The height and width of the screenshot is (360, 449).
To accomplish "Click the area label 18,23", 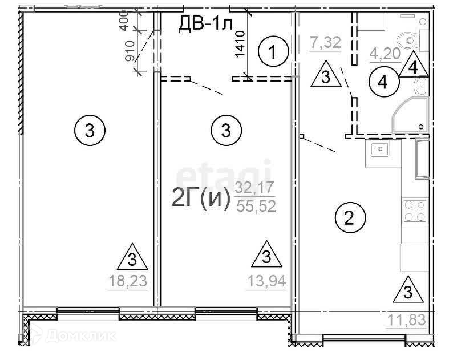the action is [x=128, y=281].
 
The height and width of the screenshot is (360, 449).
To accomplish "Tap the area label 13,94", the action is [x=266, y=281].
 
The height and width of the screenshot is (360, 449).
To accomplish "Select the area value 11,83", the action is [x=407, y=320].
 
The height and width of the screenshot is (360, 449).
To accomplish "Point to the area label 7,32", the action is [x=326, y=43].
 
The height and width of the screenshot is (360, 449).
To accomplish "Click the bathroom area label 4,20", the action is [x=385, y=54].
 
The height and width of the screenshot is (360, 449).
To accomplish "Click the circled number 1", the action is [x=273, y=51].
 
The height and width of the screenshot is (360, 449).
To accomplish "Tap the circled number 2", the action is [x=350, y=218].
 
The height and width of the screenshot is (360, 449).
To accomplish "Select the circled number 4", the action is [x=383, y=82].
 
